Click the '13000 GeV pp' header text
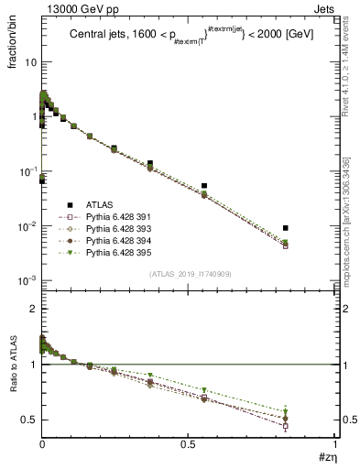[75, 8]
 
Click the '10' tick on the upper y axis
[29, 62]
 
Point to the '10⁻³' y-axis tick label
[27, 280]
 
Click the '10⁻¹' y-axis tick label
[27, 171]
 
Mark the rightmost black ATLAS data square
[286, 227]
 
